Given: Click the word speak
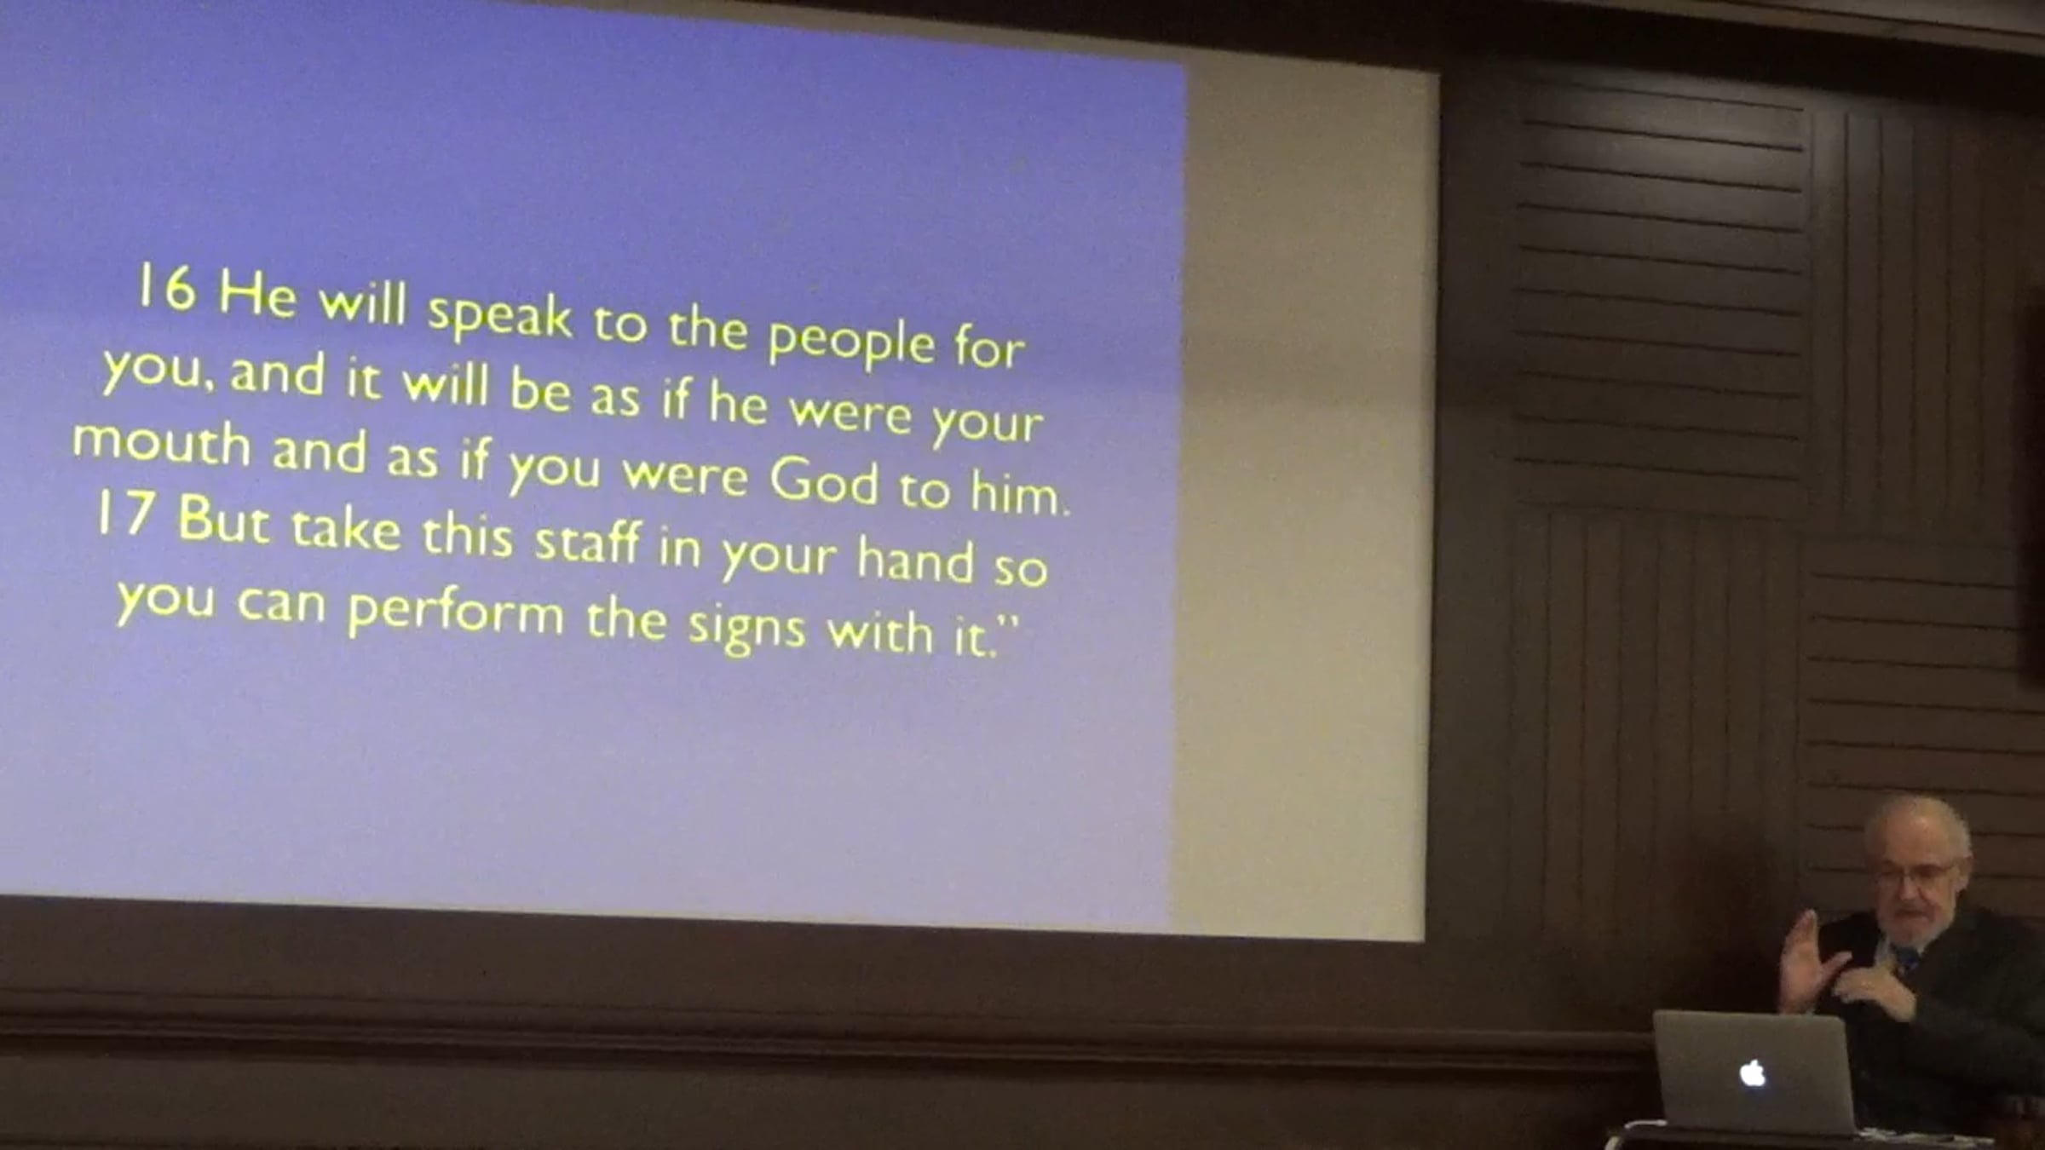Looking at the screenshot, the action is click(x=499, y=314).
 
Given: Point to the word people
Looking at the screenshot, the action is click(x=851, y=341).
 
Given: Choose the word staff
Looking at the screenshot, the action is click(x=587, y=540).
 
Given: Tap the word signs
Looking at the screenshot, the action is click(x=746, y=628).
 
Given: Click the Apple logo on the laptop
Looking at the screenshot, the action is click(x=1753, y=1072).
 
